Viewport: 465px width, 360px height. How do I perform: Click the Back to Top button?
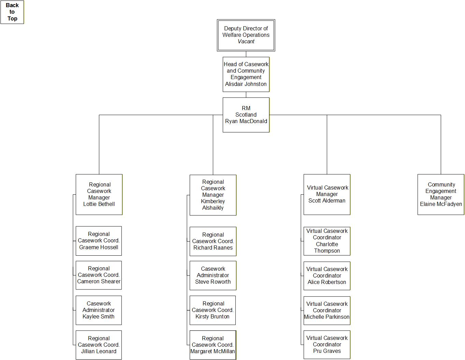pos(12,12)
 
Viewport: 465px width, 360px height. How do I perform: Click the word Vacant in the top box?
pos(246,42)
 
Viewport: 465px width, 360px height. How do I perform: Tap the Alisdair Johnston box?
pos(246,74)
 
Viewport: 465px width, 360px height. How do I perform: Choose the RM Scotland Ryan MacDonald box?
pos(246,115)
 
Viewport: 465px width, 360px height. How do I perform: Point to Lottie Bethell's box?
pos(99,194)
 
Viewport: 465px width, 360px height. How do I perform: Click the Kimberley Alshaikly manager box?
pos(213,195)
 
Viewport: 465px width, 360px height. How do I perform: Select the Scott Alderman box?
pos(327,194)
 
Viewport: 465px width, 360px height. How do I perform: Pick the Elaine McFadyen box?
pos(441,194)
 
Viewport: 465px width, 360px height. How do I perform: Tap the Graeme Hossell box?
pos(99,241)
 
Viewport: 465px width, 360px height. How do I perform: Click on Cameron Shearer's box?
pos(99,275)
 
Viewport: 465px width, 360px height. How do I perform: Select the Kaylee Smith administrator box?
pos(99,310)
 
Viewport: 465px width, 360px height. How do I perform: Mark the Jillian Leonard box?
pos(99,345)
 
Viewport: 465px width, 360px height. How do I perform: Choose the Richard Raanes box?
pos(213,241)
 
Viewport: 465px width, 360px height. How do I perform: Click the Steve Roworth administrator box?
pos(213,275)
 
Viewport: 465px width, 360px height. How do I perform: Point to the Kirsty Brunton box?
pos(213,310)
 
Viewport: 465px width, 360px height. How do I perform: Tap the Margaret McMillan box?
pos(213,345)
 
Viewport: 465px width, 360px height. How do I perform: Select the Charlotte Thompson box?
pos(327,241)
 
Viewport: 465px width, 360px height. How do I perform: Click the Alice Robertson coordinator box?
pos(327,276)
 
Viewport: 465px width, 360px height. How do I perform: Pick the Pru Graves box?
pos(327,344)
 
